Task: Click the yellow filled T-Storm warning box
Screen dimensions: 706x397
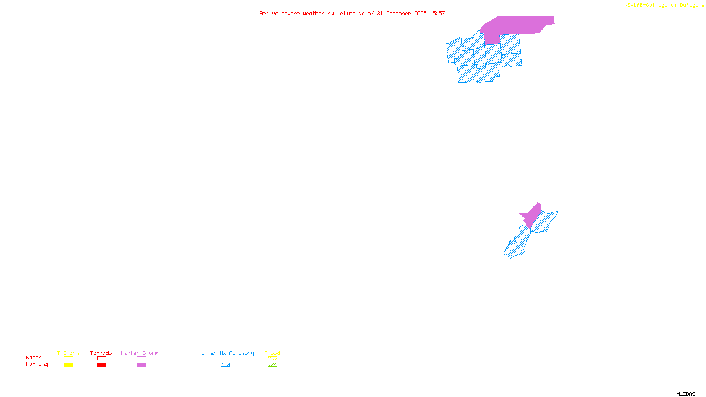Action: [x=68, y=365]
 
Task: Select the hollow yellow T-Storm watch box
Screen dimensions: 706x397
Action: [x=68, y=359]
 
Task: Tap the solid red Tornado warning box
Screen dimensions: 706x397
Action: [x=101, y=365]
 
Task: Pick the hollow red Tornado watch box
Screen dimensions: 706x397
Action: [x=101, y=359]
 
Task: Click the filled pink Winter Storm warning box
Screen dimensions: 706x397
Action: [x=141, y=365]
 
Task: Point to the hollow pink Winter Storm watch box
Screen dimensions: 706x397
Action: [x=141, y=359]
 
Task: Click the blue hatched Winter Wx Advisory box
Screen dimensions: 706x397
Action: [x=225, y=365]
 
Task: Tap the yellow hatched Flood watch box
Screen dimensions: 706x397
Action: [x=272, y=359]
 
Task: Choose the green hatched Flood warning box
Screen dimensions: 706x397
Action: [x=272, y=365]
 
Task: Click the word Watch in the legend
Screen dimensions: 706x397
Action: [x=34, y=358]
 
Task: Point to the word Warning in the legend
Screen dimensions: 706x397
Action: [x=37, y=364]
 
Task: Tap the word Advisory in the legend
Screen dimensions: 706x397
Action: [x=241, y=353]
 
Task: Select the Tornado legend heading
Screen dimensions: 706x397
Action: [x=101, y=353]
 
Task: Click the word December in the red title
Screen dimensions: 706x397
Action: [x=398, y=13]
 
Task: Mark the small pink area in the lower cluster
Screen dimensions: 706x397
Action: [x=533, y=214]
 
